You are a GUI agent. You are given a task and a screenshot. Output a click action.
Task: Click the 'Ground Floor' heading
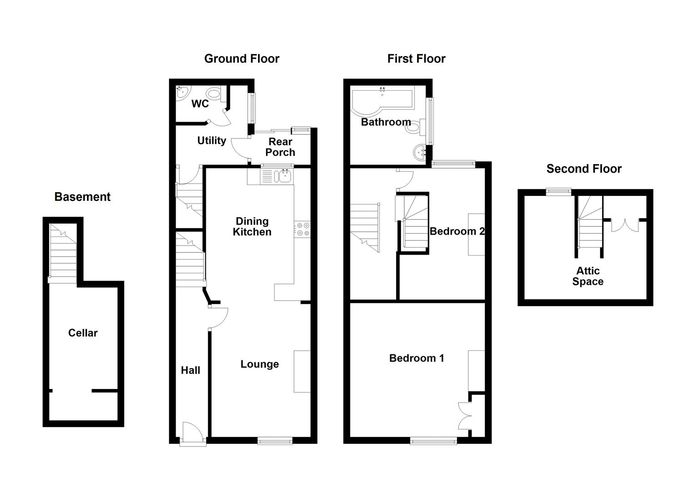pos(242,59)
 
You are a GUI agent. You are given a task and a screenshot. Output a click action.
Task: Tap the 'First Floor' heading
pos(416,59)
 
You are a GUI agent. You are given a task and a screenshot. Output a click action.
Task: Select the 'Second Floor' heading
pos(584,169)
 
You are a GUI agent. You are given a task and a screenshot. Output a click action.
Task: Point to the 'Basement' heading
pos(82,197)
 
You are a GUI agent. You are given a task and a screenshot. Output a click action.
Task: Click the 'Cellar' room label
pos(83,333)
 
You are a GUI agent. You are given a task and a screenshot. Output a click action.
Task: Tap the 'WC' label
pos(200,104)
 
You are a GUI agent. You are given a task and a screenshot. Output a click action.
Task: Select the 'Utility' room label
pos(211,141)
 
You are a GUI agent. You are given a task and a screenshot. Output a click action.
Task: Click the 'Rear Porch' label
pos(280,147)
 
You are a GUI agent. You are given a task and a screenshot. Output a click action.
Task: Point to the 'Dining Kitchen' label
pos(252,226)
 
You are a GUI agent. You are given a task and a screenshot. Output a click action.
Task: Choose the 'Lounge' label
pos(259,364)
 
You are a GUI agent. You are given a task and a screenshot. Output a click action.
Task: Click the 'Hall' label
pos(190,370)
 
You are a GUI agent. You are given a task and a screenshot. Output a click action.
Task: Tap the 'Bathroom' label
pos(386,122)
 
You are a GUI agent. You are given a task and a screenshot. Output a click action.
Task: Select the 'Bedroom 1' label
pos(416,358)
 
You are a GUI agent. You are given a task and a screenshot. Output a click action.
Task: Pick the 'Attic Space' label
pos(588,276)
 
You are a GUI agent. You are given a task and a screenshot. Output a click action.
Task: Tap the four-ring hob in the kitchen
pos(303,229)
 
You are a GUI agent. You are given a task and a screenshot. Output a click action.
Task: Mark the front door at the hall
pos(191,432)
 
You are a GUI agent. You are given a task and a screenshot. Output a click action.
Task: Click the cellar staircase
pos(63,255)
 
